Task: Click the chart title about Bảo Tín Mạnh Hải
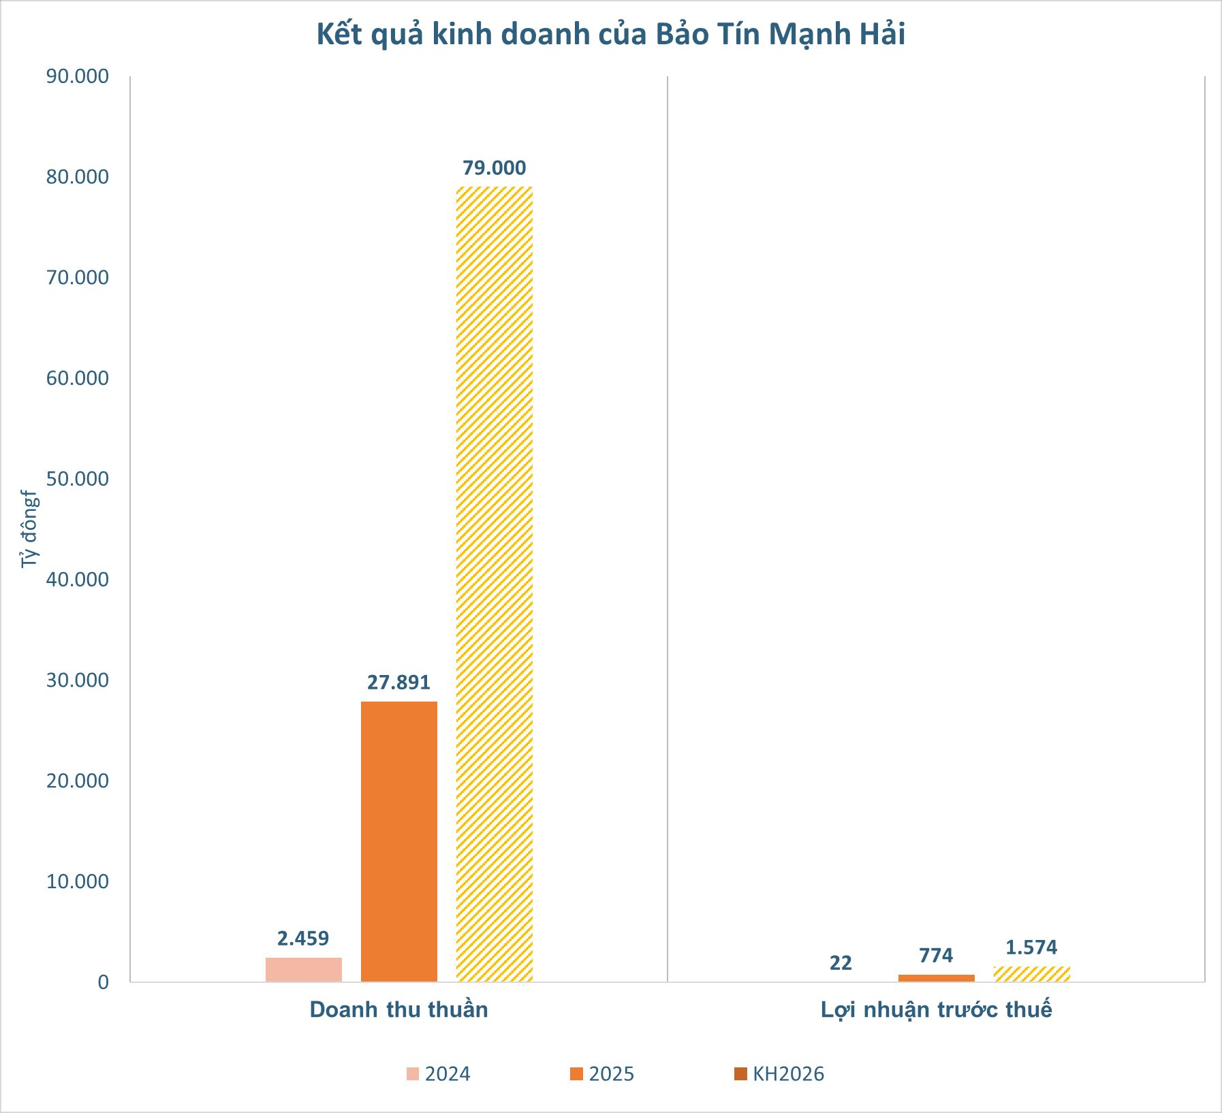coord(611,35)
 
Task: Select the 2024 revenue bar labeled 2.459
coord(304,969)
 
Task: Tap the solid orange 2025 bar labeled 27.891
coord(399,841)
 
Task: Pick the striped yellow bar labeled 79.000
coord(495,584)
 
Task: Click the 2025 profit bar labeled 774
coord(936,978)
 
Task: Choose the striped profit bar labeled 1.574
coord(1031,974)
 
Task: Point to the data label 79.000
coord(495,168)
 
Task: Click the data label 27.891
coord(399,683)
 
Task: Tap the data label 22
coord(841,963)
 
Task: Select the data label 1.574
coord(1031,947)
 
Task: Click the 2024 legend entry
coord(439,1074)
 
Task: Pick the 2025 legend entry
coord(603,1074)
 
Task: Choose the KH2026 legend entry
coord(779,1074)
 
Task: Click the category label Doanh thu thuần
coord(399,1009)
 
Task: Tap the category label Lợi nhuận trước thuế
coord(936,1009)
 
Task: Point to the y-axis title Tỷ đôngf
coord(29,529)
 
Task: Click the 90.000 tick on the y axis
coord(78,76)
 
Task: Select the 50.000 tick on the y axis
coord(78,479)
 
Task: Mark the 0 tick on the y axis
coord(103,982)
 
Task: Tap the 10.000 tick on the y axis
coord(78,881)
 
